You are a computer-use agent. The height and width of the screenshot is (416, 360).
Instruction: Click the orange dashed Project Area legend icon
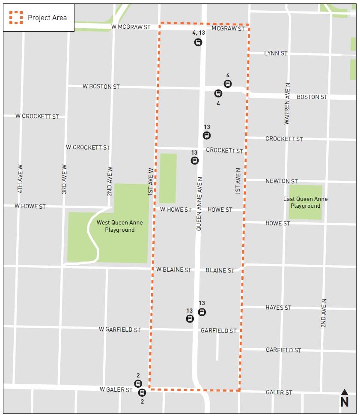click(16, 18)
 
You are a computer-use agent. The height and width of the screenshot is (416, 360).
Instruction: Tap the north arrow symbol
click(344, 398)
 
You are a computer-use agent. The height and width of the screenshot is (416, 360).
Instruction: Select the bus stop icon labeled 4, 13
click(198, 42)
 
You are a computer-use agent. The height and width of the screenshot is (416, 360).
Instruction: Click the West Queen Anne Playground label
click(119, 226)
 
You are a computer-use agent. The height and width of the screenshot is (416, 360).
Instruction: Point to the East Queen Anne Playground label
click(305, 202)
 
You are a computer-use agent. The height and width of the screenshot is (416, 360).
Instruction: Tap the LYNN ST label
click(276, 54)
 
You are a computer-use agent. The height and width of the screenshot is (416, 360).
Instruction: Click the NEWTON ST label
click(281, 181)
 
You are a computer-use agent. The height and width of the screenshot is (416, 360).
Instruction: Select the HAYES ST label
click(278, 308)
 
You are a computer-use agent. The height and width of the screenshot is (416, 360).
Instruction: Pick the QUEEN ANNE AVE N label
click(199, 204)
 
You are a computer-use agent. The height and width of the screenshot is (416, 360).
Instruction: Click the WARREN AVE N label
click(287, 104)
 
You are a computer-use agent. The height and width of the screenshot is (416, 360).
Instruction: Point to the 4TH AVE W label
click(20, 179)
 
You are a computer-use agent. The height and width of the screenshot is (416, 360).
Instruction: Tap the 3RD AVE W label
click(64, 179)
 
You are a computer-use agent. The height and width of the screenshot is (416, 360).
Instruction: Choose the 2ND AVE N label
click(324, 313)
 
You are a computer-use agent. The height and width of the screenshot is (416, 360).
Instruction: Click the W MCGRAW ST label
click(131, 27)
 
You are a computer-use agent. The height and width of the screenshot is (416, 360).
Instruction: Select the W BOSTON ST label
click(101, 87)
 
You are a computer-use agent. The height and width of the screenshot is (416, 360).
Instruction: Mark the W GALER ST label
click(116, 389)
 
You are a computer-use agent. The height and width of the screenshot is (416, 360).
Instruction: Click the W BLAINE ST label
click(173, 270)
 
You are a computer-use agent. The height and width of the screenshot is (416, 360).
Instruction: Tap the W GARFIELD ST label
click(119, 329)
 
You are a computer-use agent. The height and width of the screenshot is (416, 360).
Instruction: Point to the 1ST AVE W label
click(151, 182)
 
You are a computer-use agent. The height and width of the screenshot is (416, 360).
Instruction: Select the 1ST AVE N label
click(238, 181)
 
